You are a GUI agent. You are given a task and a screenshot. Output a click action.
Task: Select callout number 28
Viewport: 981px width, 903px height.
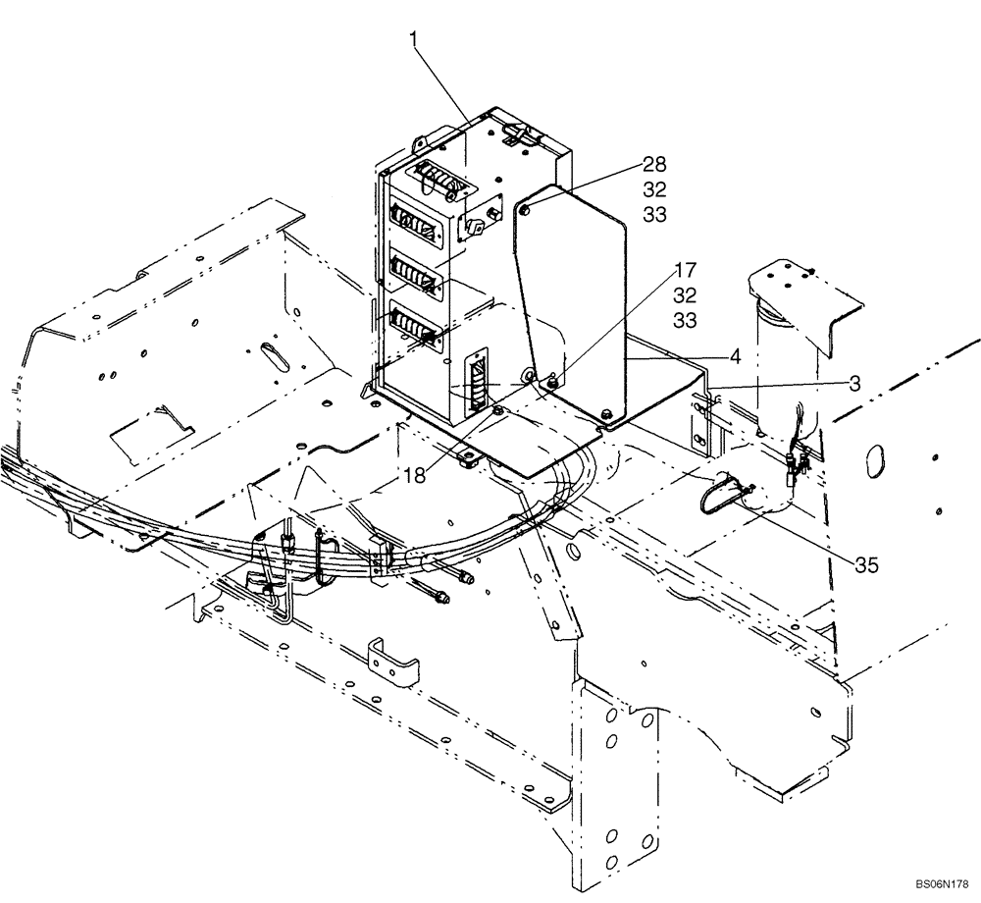(654, 163)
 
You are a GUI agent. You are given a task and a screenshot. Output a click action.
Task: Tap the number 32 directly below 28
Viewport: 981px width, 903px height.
(654, 188)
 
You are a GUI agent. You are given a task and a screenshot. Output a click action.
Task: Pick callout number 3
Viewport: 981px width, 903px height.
(854, 384)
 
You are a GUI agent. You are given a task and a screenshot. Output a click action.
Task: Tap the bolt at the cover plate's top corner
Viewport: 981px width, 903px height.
(527, 208)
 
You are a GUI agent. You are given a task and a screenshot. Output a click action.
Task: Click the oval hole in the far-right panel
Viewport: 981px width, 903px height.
(878, 459)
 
